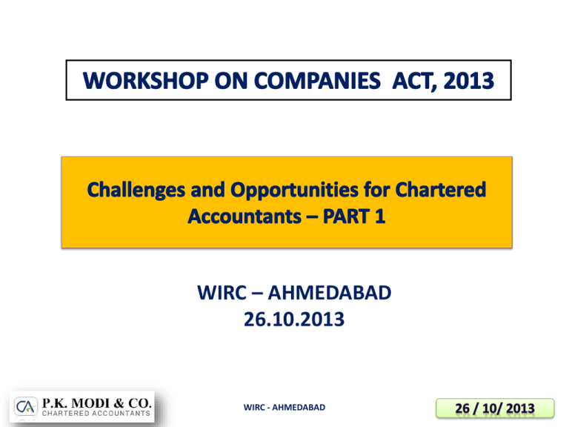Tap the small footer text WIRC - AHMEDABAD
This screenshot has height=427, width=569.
coord(285,408)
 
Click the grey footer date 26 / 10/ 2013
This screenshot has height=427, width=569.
coord(485,407)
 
